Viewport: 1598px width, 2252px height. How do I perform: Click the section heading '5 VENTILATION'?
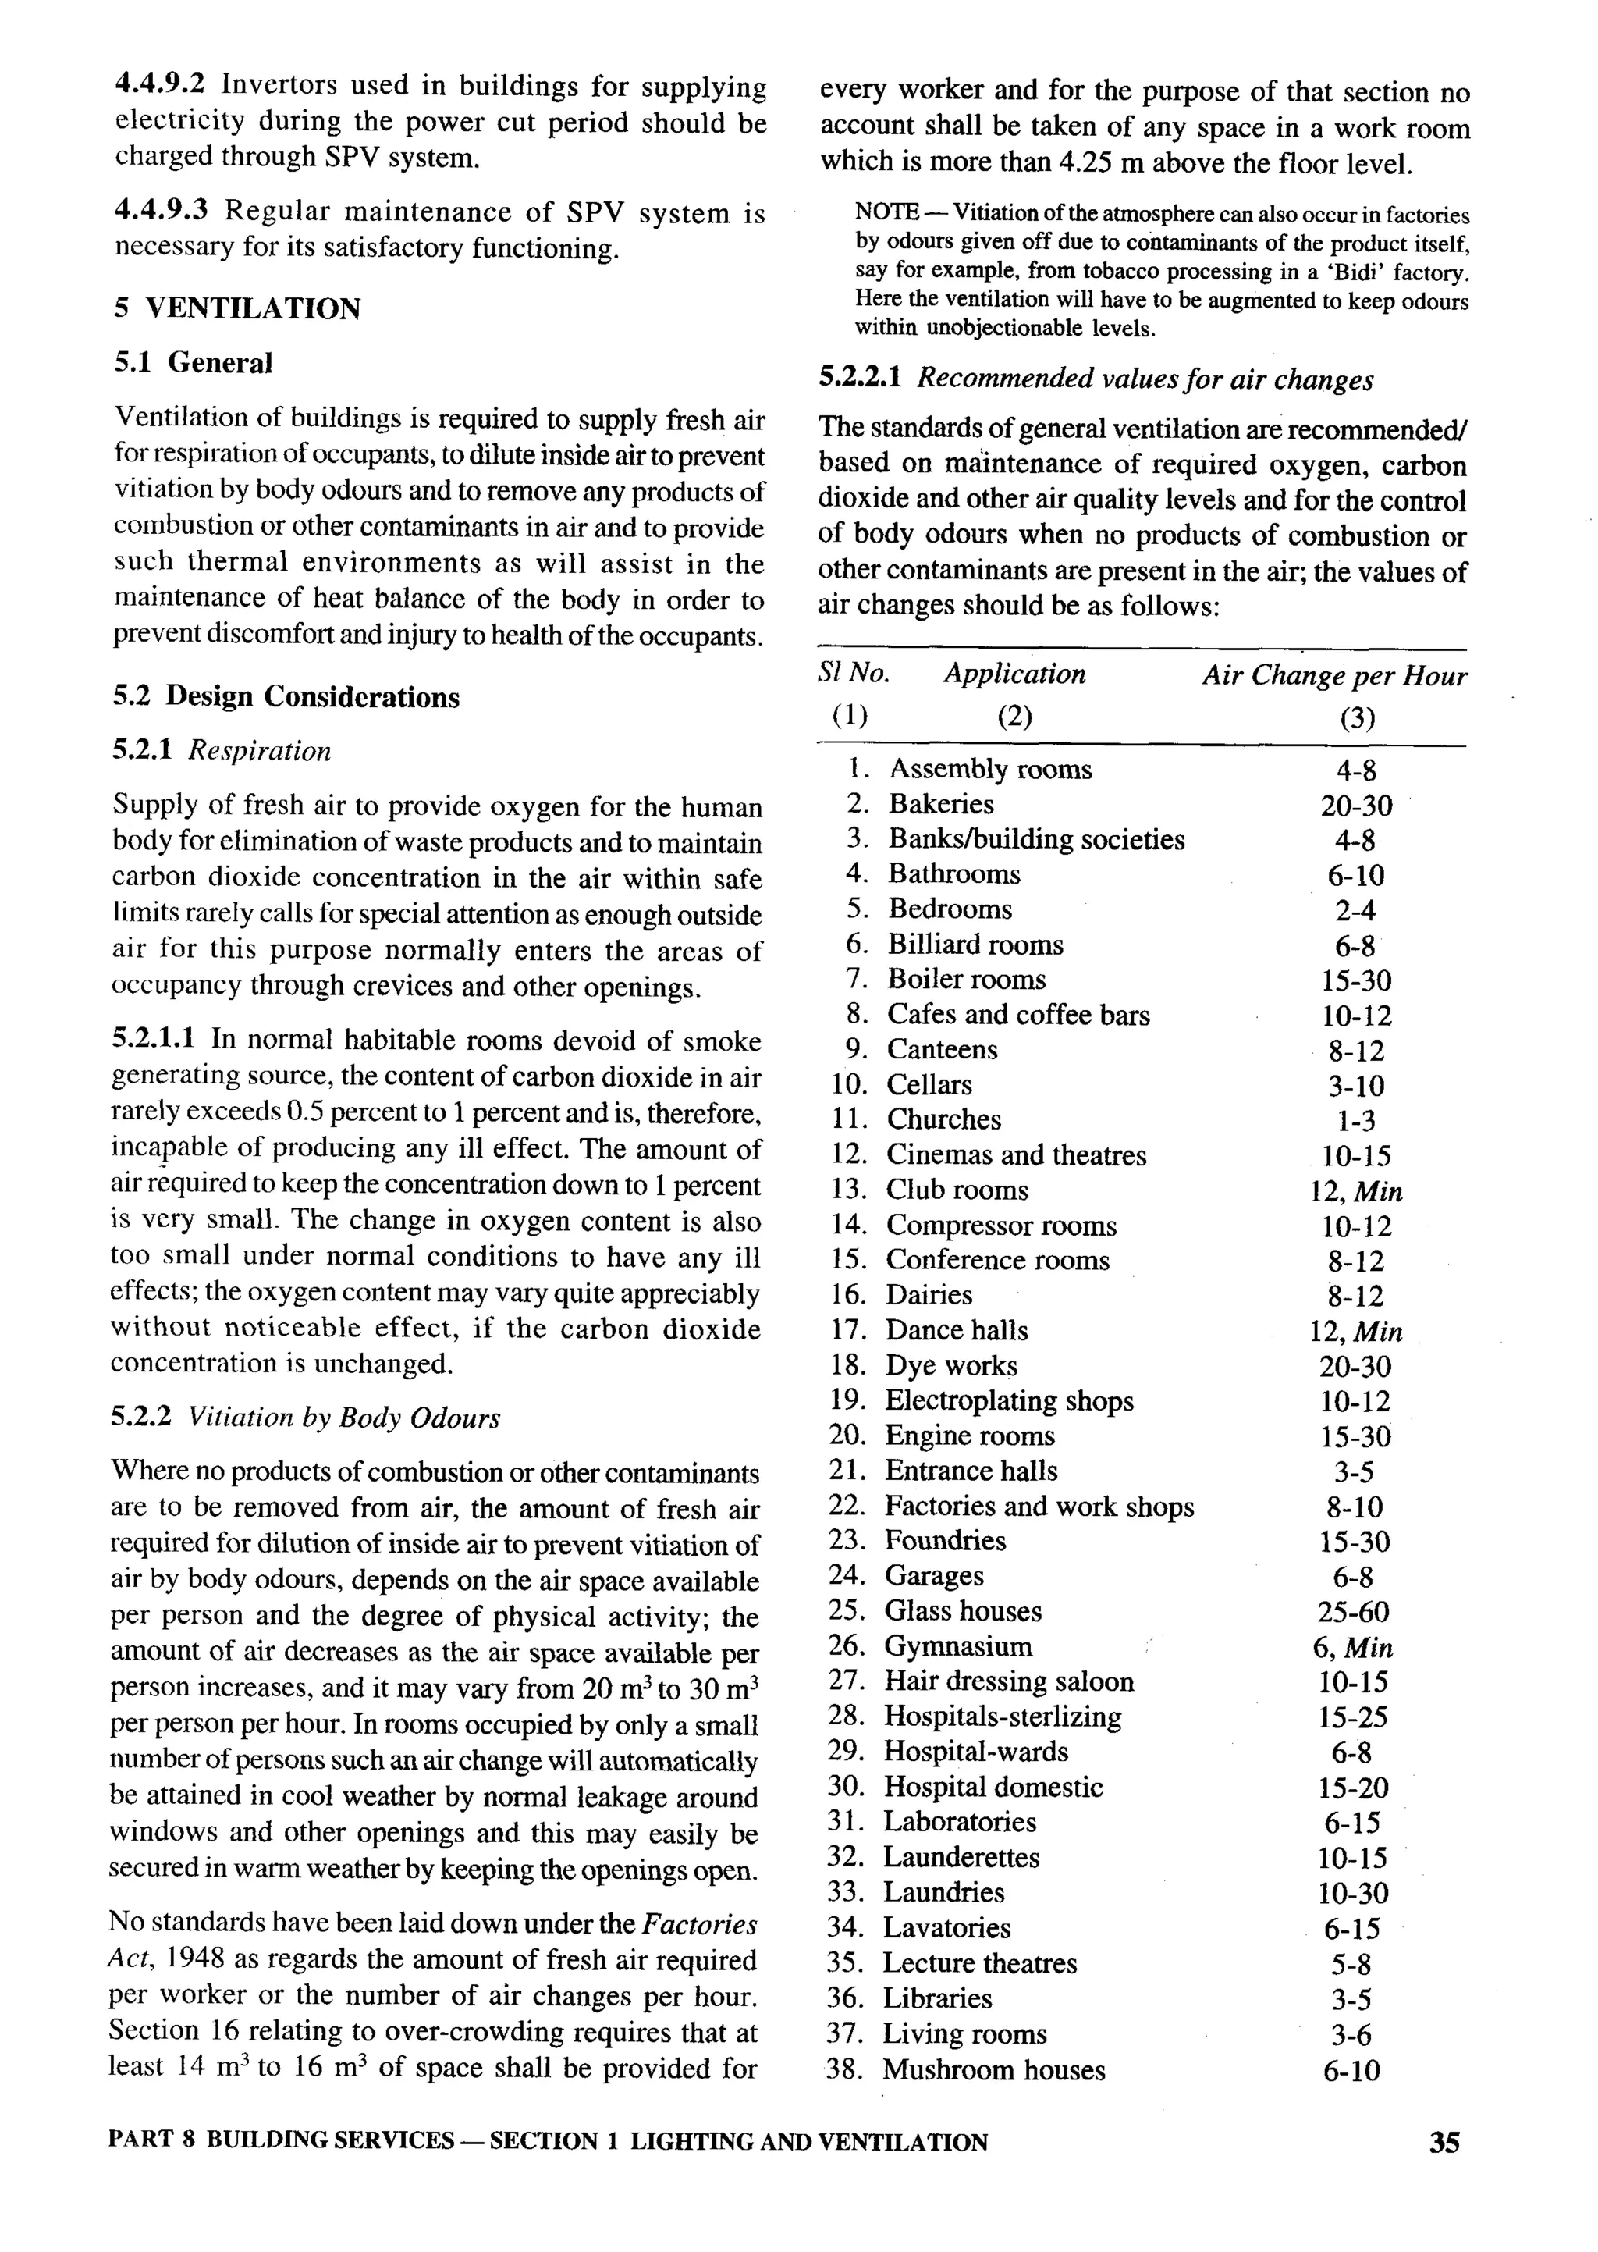tap(237, 309)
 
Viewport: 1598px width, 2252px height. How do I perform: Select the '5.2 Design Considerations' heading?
tap(286, 697)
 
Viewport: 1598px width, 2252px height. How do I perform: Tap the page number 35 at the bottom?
tap(1444, 2143)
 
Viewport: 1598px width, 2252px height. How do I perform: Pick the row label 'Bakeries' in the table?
tap(941, 804)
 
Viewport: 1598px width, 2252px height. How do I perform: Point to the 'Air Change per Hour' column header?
tap(1333, 676)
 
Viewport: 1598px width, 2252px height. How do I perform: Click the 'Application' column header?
tap(1014, 674)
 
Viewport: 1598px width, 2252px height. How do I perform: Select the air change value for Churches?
tap(1356, 1121)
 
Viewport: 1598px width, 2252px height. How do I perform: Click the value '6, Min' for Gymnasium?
tap(1352, 1648)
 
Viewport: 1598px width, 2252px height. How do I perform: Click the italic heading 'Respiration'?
tap(260, 751)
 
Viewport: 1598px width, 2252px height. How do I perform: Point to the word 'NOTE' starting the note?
tap(886, 212)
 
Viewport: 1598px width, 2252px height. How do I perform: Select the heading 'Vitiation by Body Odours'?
tap(343, 1418)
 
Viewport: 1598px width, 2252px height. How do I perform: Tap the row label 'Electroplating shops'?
tap(1009, 1400)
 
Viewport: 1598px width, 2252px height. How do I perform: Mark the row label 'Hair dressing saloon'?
tap(1009, 1681)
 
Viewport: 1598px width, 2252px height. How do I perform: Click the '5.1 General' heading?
tap(193, 363)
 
